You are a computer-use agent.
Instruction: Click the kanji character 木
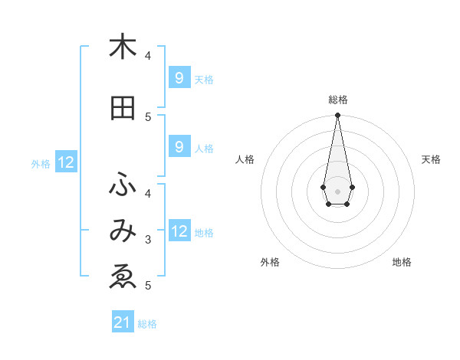(x=123, y=47)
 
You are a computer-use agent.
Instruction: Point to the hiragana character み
(x=123, y=231)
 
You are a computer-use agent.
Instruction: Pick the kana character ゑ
(x=123, y=277)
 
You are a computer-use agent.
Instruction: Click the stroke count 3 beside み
(x=148, y=240)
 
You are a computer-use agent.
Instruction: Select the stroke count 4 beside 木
(x=148, y=55)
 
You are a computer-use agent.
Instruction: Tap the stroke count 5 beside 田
(x=148, y=116)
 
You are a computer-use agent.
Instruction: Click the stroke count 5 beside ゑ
(x=148, y=286)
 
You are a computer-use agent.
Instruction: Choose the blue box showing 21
(x=123, y=322)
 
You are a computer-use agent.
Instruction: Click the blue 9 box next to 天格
(x=179, y=77)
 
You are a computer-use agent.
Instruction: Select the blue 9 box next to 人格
(x=179, y=147)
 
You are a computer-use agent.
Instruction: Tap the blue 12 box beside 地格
(x=179, y=231)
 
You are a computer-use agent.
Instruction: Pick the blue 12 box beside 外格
(x=65, y=162)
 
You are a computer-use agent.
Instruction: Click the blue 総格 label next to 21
(x=147, y=324)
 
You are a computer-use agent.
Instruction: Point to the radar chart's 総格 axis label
(x=338, y=100)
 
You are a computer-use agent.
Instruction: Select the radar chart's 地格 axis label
(x=402, y=262)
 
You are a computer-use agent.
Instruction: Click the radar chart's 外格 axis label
(x=270, y=262)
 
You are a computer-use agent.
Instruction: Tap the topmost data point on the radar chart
(x=337, y=115)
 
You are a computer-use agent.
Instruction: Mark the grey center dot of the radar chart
(x=337, y=190)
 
